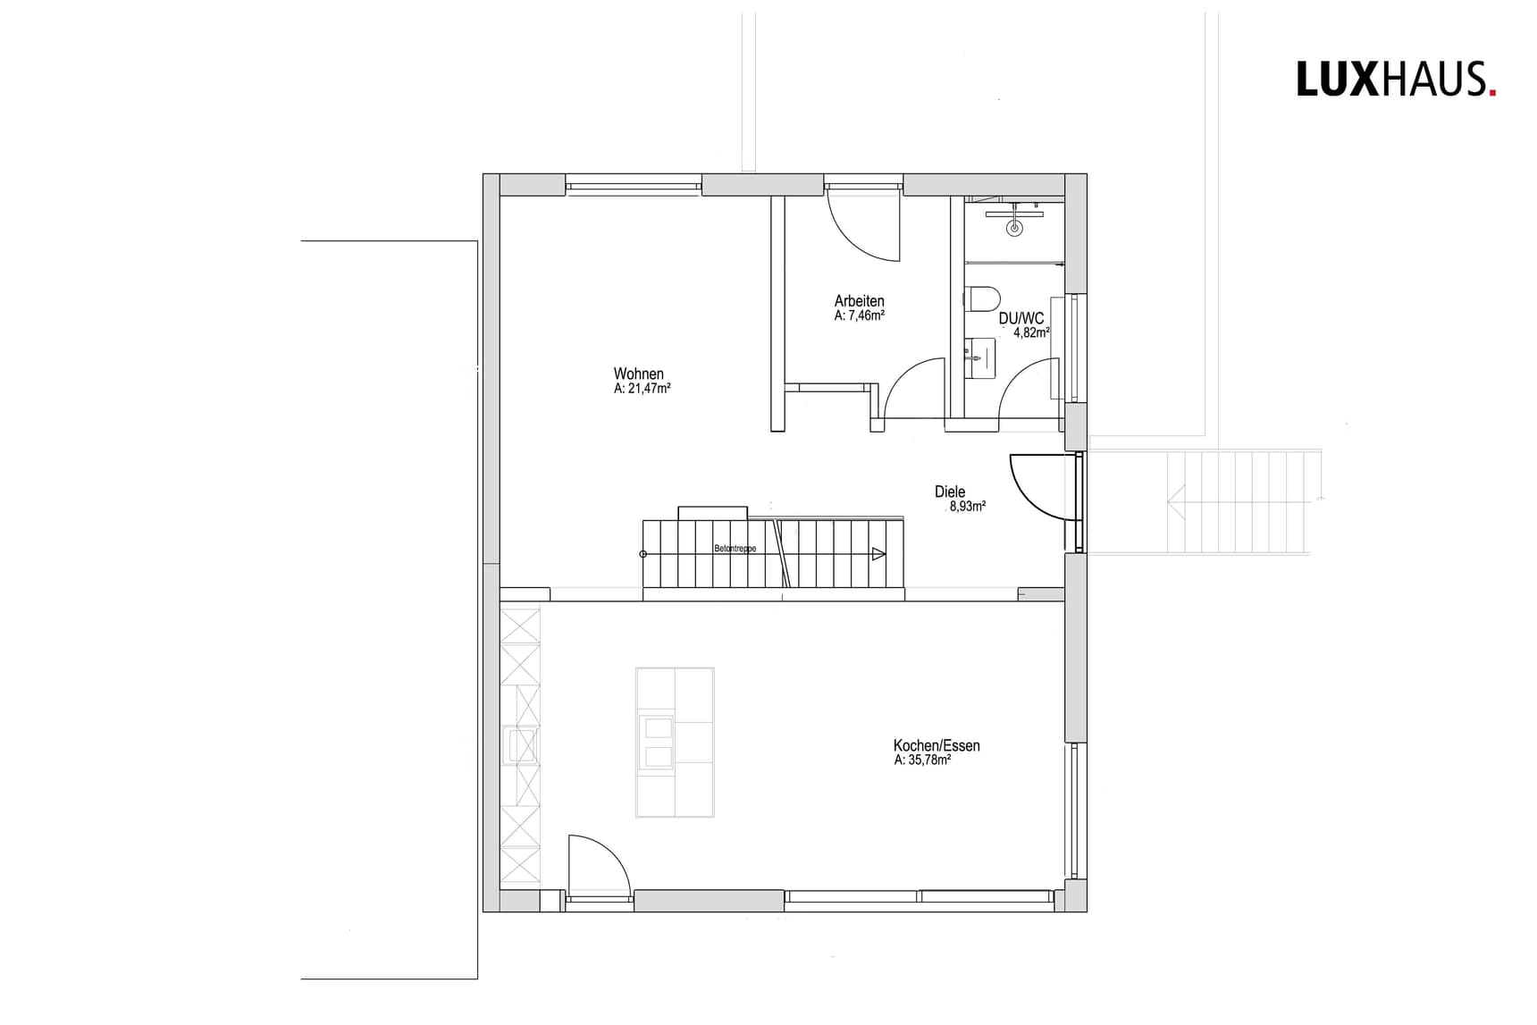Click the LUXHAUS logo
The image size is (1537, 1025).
tap(1396, 79)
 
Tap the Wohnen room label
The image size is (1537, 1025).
tap(638, 374)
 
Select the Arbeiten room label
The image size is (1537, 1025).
tap(859, 301)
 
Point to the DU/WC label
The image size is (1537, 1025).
tap(1021, 318)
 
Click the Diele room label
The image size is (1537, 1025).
tap(950, 491)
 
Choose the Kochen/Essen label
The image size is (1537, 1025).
tap(936, 745)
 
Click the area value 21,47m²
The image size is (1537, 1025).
tap(643, 389)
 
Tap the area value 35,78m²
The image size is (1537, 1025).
tap(922, 760)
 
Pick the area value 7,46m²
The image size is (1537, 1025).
tap(860, 315)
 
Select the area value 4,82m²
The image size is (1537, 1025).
tap(1030, 332)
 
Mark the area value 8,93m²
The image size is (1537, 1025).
tap(967, 506)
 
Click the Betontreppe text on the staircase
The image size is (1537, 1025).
tap(735, 549)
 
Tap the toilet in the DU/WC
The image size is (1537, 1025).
tap(983, 297)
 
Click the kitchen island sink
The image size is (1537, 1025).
tap(656, 742)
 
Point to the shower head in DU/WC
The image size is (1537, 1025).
tap(1014, 227)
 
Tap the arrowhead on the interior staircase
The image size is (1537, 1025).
tap(878, 554)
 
